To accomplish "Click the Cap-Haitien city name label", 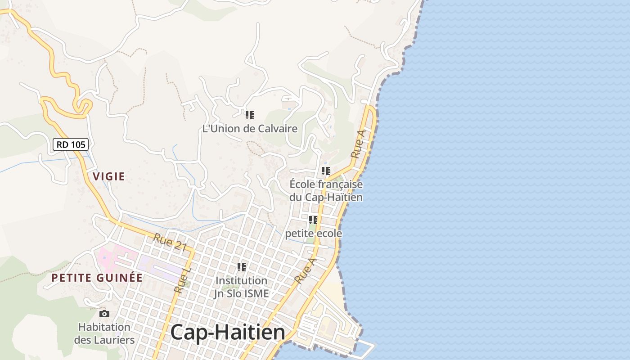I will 228,333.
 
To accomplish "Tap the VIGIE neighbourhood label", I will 109,176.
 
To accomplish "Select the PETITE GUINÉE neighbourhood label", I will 97,278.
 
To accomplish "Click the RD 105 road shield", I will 71,144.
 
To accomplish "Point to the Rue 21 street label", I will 170,242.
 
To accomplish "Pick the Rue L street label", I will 183,281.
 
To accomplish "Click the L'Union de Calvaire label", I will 250,129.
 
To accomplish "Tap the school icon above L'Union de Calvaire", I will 250,115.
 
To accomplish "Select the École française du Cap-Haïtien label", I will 326,191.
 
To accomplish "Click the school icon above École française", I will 326,171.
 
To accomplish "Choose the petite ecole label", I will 313,234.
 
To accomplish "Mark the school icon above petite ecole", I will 313,220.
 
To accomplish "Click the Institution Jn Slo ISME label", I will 242,287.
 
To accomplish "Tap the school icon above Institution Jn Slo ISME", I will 242,267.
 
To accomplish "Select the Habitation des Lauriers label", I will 104,333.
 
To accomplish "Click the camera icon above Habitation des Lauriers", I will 104,314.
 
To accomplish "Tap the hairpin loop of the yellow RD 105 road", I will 83,106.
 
